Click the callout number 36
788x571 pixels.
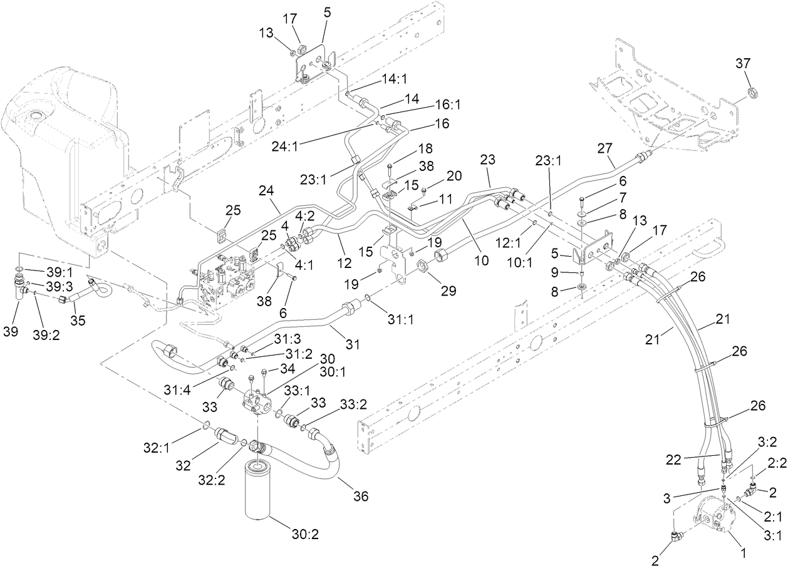pyautogui.click(x=360, y=496)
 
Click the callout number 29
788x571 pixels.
pyautogui.click(x=448, y=291)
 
